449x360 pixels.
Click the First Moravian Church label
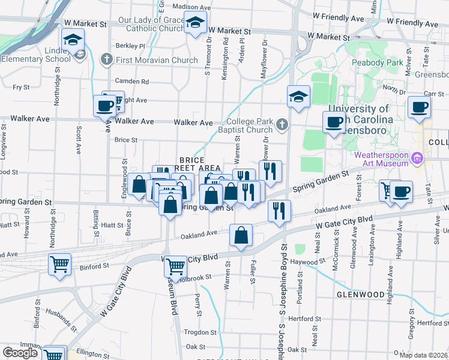click(157, 60)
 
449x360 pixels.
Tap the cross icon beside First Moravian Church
click(107, 59)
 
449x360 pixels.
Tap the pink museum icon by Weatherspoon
click(419, 158)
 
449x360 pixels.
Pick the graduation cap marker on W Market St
click(195, 24)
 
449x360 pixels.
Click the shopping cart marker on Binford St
click(59, 264)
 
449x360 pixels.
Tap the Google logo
click(20, 353)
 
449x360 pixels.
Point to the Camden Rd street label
click(132, 81)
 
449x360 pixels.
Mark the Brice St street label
click(126, 140)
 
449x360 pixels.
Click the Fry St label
click(22, 87)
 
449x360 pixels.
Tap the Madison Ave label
click(191, 7)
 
